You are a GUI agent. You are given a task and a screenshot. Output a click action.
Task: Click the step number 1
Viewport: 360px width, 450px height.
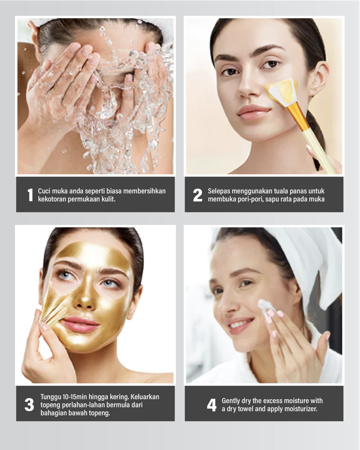coord(30,195)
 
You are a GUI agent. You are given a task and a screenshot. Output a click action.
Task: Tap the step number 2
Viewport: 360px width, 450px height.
coord(197,195)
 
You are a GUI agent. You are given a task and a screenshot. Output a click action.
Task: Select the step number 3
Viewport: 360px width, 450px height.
coord(29,404)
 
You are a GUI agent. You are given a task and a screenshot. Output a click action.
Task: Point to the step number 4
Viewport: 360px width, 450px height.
coord(212,405)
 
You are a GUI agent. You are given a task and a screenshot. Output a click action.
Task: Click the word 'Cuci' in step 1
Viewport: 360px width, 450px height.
coord(45,191)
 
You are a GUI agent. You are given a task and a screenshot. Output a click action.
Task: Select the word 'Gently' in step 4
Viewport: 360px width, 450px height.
coord(230,401)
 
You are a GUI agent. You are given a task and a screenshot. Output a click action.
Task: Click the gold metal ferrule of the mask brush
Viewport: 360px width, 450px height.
coord(298,116)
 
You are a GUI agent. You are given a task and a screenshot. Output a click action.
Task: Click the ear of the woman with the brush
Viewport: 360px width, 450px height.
coord(318,78)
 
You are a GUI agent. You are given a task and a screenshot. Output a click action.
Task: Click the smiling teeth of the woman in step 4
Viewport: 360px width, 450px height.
coord(238,324)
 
